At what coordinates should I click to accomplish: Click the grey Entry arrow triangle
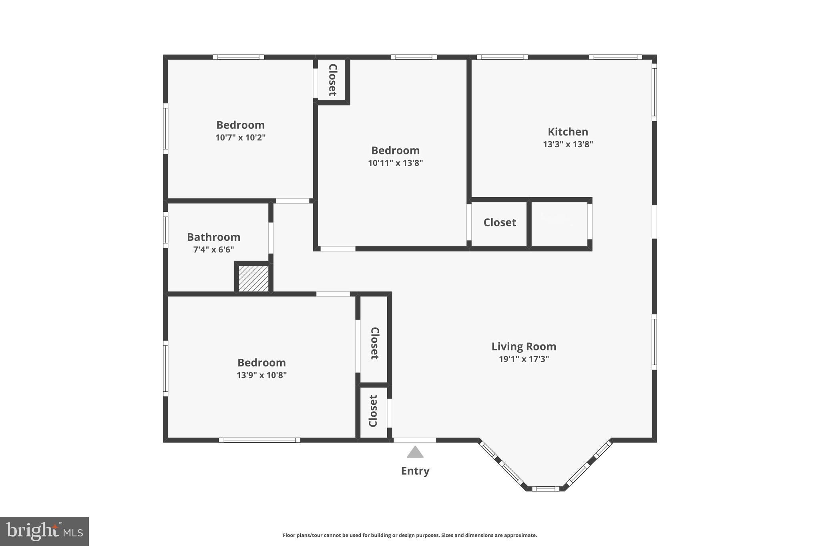(x=415, y=452)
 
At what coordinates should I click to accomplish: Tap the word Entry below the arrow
(x=415, y=471)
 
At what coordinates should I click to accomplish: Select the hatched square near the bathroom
(x=253, y=278)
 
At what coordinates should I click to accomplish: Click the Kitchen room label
(x=568, y=132)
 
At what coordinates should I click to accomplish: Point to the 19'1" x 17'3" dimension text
(x=524, y=359)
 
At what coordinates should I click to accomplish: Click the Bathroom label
(x=213, y=237)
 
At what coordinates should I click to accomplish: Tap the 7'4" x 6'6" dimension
(x=213, y=250)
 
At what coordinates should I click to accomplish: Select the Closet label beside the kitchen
(x=499, y=222)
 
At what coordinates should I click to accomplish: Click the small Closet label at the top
(x=332, y=80)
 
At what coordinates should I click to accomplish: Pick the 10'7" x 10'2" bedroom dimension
(x=240, y=138)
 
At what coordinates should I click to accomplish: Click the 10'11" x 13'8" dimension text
(x=395, y=163)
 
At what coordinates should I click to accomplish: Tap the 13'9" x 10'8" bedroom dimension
(x=261, y=375)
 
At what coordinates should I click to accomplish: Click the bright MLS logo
(x=44, y=531)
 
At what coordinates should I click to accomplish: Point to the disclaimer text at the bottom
(x=410, y=535)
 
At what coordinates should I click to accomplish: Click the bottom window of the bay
(x=545, y=488)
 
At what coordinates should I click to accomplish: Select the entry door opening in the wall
(x=415, y=440)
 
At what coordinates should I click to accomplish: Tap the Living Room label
(x=524, y=346)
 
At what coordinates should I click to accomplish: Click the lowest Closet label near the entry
(x=373, y=411)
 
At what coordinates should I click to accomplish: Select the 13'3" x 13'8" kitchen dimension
(x=568, y=144)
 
